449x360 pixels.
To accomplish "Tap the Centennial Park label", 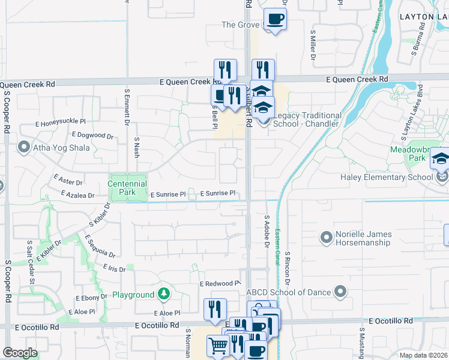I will [127, 188].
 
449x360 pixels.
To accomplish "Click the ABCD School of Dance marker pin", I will [340, 293].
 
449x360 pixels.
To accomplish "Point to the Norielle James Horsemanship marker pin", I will [326, 238].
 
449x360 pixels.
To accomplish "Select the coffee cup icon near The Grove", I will [275, 19].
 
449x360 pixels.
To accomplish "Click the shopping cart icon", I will [217, 345].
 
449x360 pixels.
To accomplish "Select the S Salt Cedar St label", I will [30, 262].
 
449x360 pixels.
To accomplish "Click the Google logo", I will [20, 353].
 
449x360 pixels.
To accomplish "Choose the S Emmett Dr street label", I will [127, 106].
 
